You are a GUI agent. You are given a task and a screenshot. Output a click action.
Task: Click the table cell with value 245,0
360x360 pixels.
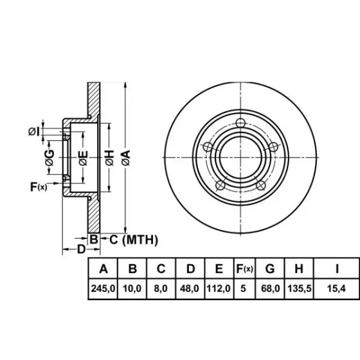[103, 289]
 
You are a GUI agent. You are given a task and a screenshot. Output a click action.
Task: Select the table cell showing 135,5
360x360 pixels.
[299, 289]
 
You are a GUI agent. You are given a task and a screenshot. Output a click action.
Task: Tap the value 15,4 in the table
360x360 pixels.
[336, 289]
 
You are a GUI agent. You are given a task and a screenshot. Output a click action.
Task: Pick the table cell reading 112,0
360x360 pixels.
[219, 289]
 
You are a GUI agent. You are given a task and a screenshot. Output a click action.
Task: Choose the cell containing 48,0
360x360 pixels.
[190, 289]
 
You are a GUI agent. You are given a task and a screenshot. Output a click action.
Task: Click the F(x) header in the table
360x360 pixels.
[245, 269]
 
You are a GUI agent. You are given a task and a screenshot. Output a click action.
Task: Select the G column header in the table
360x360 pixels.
[270, 269]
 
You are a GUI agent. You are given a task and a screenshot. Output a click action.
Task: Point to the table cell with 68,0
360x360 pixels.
[270, 289]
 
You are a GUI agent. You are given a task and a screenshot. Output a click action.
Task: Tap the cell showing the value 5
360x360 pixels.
[245, 289]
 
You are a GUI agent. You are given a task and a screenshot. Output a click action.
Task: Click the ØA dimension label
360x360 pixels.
[126, 157]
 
